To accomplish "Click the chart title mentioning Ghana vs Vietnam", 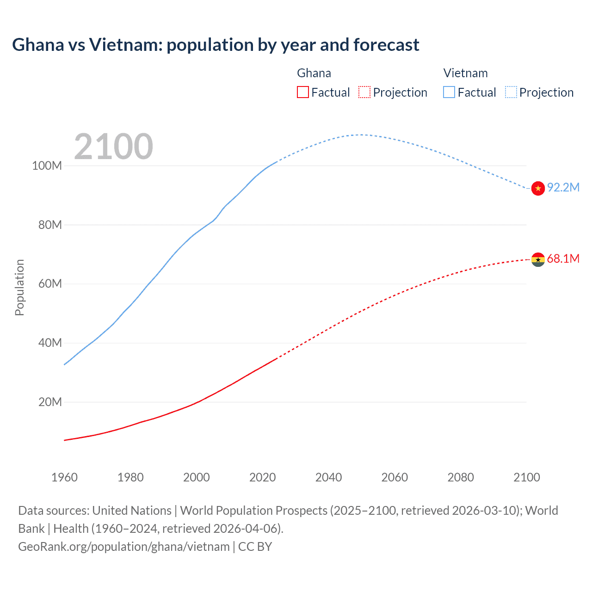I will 216,45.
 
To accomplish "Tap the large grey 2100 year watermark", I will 113,147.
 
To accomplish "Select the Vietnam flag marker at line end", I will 538,188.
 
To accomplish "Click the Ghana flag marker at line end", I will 538,259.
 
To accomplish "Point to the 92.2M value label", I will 563,187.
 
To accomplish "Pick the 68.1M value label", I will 563,259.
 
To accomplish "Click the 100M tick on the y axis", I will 47,166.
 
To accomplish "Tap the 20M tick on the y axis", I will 49,402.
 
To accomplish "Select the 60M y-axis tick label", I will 49,284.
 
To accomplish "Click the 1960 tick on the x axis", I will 64,477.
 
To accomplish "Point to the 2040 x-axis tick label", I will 328,477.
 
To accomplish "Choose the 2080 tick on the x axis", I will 461,477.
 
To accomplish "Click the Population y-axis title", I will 19,287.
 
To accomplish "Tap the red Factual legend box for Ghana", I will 302,92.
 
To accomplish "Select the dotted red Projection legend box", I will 364,92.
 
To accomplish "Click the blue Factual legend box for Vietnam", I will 449,92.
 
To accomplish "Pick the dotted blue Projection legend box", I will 511,92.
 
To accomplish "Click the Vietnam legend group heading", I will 465,73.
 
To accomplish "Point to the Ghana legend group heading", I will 314,73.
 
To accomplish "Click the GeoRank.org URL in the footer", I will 124,547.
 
